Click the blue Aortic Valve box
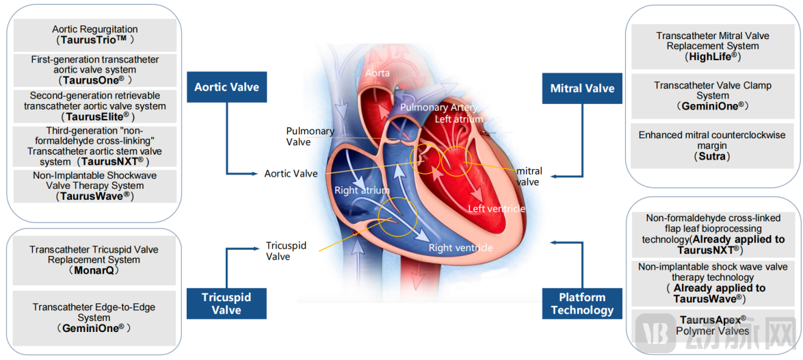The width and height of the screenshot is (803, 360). [x=226, y=88]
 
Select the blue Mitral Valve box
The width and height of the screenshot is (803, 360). [x=582, y=88]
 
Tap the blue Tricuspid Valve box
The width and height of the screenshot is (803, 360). [x=226, y=303]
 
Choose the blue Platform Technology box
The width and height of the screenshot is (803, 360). [x=582, y=303]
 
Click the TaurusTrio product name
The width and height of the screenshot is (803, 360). [x=95, y=40]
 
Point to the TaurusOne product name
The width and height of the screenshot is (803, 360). [x=95, y=80]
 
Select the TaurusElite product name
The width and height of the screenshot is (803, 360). [x=95, y=116]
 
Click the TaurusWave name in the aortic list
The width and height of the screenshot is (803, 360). [x=95, y=196]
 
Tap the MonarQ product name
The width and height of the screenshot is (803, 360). [x=95, y=271]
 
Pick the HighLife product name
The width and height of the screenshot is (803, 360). [x=712, y=57]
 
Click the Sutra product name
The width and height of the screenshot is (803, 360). [x=712, y=157]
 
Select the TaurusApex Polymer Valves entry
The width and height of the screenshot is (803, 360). [x=712, y=325]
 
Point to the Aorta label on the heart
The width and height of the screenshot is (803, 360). [x=378, y=73]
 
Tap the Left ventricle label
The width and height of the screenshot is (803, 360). [x=497, y=209]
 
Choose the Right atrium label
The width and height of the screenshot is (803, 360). [x=362, y=190]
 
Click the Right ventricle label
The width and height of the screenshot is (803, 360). [x=460, y=248]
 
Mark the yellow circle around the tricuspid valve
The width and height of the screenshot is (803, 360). [x=397, y=218]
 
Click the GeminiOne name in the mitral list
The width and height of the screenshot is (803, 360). [x=712, y=107]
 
